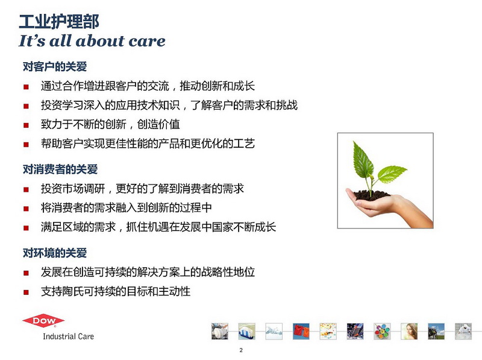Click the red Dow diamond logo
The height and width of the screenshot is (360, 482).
coord(43,321)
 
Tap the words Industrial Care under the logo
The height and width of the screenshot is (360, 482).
coord(68,336)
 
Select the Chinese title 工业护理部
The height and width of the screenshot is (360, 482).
coord(59,22)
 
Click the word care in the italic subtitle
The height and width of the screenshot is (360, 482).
coord(147,41)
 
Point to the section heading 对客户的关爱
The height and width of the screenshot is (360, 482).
coord(55,66)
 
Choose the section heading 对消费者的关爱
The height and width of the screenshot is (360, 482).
coord(60,169)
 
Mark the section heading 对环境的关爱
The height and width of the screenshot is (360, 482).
coord(55,253)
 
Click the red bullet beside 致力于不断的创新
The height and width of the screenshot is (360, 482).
coord(26,125)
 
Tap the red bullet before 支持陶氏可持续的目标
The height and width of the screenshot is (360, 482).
coord(26,292)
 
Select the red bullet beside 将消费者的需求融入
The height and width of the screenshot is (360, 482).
coord(26,209)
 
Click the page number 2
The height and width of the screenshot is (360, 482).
coord(241,350)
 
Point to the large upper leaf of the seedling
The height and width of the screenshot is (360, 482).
coord(363,160)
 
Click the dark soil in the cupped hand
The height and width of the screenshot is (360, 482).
coord(371,195)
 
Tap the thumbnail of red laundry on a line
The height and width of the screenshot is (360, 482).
coord(301,331)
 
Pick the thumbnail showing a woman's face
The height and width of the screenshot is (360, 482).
coord(409,331)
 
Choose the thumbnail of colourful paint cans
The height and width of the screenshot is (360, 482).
coord(382,331)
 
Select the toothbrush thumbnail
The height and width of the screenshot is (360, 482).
coord(246,331)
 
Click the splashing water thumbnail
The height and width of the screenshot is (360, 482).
coord(274,331)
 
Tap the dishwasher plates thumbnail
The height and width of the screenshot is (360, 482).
coord(220,331)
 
